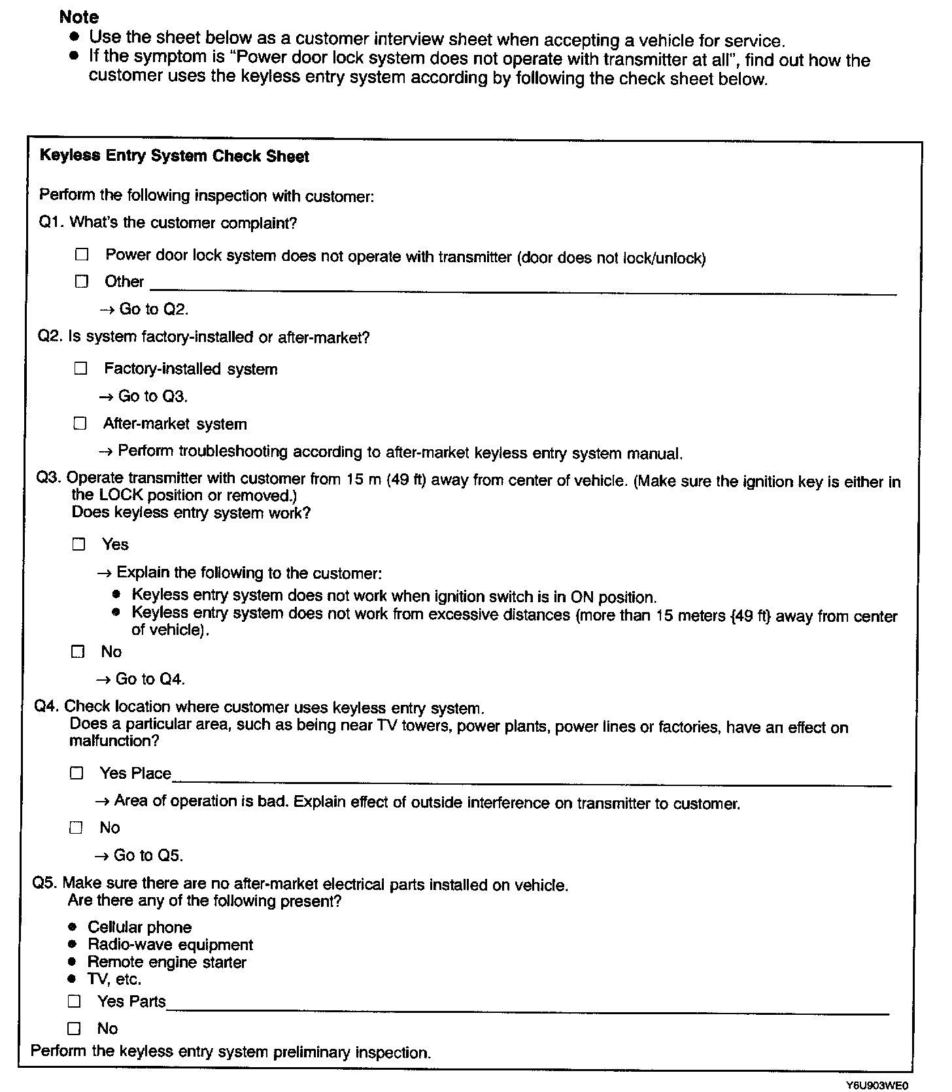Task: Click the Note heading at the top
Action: point(78,17)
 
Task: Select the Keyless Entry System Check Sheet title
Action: point(174,156)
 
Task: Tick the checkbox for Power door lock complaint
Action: point(82,254)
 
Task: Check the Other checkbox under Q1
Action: point(81,282)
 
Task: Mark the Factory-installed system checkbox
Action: point(80,369)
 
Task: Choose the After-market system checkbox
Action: point(80,424)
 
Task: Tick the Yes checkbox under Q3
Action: point(79,544)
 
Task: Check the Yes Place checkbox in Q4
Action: point(77,774)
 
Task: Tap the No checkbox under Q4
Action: point(76,828)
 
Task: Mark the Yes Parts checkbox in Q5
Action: point(75,1001)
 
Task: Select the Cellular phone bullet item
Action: point(139,927)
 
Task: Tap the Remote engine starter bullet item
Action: point(167,962)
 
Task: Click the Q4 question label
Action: point(47,706)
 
